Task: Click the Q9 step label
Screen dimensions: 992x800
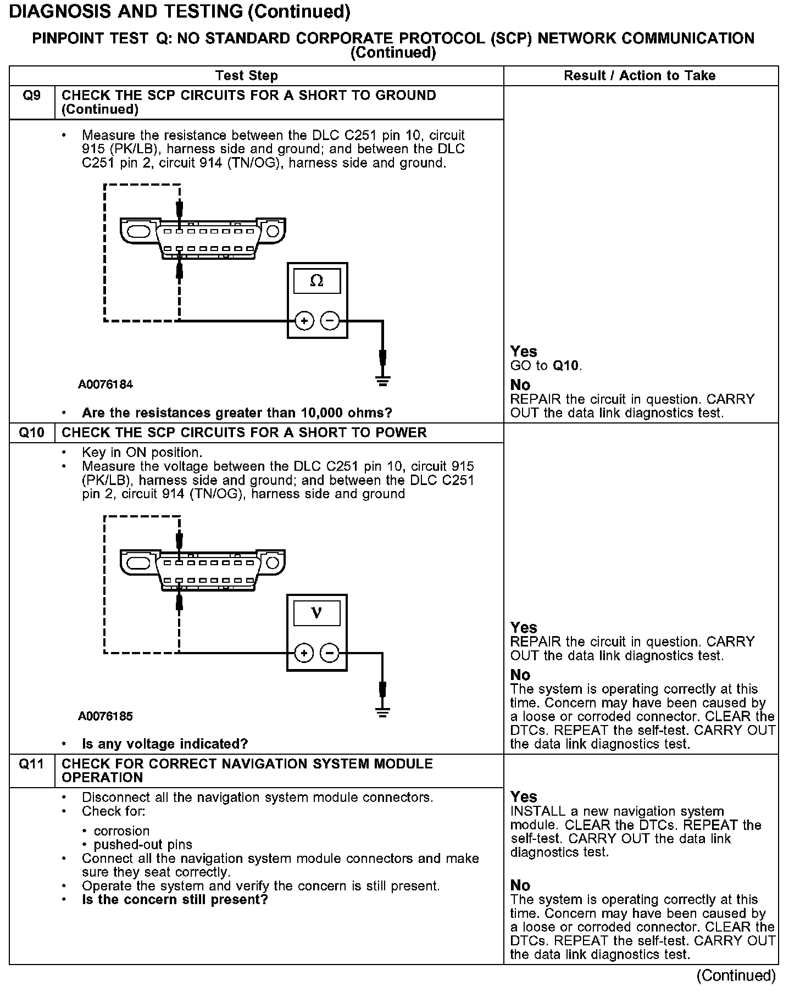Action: [x=31, y=96]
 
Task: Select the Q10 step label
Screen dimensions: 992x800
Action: [x=31, y=432]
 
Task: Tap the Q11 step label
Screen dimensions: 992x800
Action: [x=31, y=763]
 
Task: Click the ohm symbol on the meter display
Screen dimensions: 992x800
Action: [x=316, y=281]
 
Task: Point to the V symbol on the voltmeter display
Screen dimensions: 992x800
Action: [x=316, y=613]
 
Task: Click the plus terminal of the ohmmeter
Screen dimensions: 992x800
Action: [x=304, y=321]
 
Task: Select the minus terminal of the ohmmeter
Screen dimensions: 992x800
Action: [x=330, y=321]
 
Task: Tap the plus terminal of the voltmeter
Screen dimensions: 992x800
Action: [x=304, y=653]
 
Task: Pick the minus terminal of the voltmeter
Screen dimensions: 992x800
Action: [x=330, y=653]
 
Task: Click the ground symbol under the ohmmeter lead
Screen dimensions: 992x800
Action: [x=383, y=381]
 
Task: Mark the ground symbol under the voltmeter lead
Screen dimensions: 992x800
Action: [x=383, y=712]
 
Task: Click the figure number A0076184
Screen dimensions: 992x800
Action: [x=105, y=384]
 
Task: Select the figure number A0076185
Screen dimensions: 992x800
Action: [x=105, y=716]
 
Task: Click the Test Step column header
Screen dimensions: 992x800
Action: [x=247, y=76]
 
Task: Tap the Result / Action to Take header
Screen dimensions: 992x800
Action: [x=640, y=76]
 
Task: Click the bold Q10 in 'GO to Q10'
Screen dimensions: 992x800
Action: [x=566, y=366]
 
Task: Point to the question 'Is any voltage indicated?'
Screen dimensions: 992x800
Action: [x=165, y=744]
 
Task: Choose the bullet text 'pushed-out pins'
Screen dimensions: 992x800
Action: [x=143, y=845]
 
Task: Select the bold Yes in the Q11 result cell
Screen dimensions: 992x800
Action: [x=524, y=796]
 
